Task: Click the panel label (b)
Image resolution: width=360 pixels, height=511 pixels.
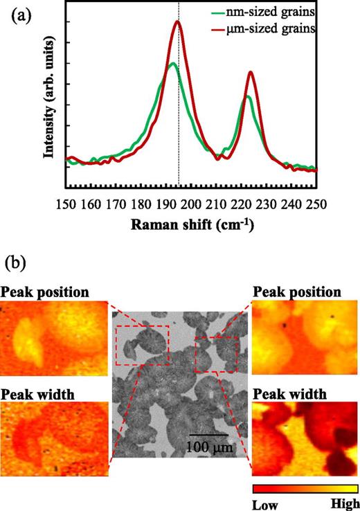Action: click(18, 264)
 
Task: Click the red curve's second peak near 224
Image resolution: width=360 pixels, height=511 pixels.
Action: click(250, 72)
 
